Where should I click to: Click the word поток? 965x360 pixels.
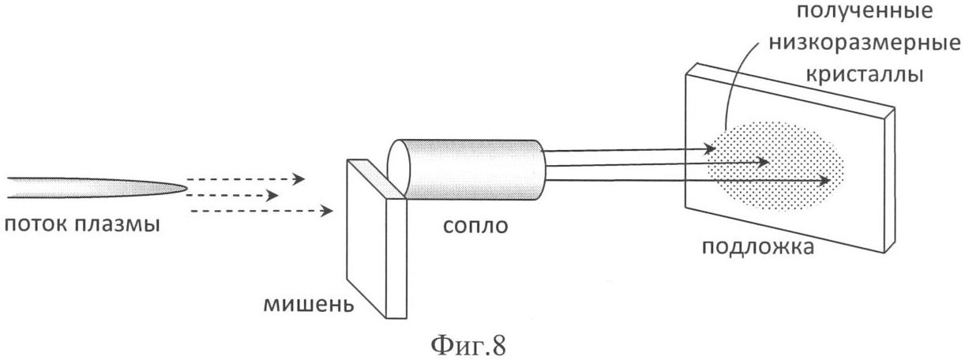[x=36, y=225]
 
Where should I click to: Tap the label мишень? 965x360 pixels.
[x=309, y=305]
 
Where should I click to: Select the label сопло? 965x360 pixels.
[x=475, y=226]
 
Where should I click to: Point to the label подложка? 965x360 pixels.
[x=758, y=248]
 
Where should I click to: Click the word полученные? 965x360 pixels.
[x=864, y=11]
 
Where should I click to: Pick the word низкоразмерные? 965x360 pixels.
[x=865, y=43]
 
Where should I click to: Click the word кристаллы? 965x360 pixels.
[x=865, y=75]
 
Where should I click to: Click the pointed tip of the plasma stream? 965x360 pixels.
[x=186, y=188]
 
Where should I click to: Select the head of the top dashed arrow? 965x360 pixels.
[x=299, y=178]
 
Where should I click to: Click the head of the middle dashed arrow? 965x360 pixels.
[x=272, y=196]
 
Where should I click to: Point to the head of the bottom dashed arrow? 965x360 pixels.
[x=327, y=211]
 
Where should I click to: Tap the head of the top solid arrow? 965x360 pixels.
[x=710, y=148]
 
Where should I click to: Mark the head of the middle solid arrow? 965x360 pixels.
[x=763, y=163]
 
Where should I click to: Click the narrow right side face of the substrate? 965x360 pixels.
[x=890, y=181]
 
